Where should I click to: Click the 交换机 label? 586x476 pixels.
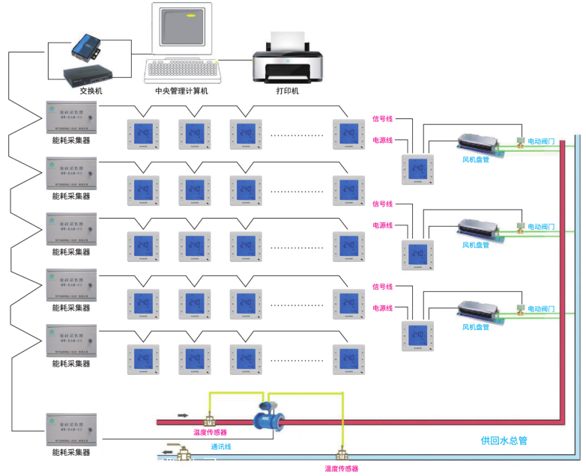click(91, 90)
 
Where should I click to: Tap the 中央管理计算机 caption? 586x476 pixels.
click(181, 91)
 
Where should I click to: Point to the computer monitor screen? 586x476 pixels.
click(181, 30)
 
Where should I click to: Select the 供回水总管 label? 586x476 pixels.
click(504, 441)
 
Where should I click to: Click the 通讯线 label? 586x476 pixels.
click(222, 447)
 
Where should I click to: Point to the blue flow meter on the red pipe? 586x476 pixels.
click(267, 415)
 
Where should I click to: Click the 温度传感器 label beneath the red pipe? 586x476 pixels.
click(210, 432)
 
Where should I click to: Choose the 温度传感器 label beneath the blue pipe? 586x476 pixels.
click(341, 469)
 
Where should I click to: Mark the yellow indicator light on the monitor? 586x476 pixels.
click(192, 14)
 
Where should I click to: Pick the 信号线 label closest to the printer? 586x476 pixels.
click(383, 118)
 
